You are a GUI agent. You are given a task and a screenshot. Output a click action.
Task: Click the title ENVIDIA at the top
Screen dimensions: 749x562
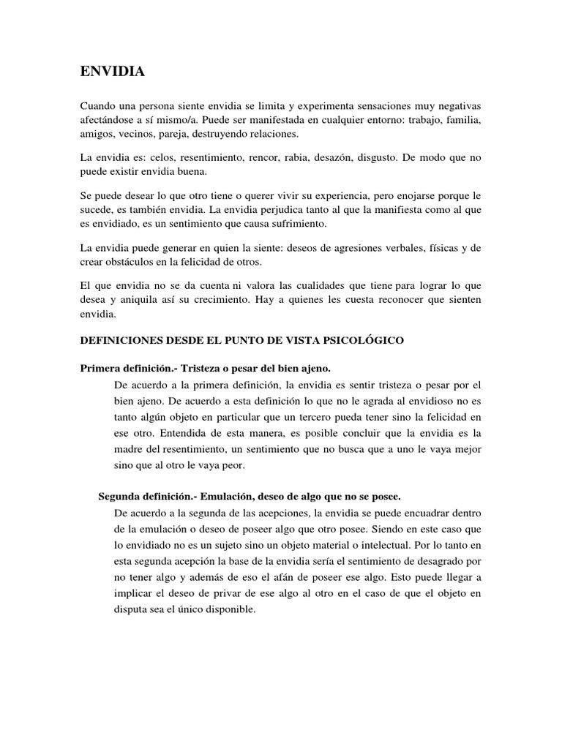point(112,72)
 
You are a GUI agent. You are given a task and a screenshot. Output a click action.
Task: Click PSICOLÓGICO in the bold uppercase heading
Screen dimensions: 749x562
point(361,341)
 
